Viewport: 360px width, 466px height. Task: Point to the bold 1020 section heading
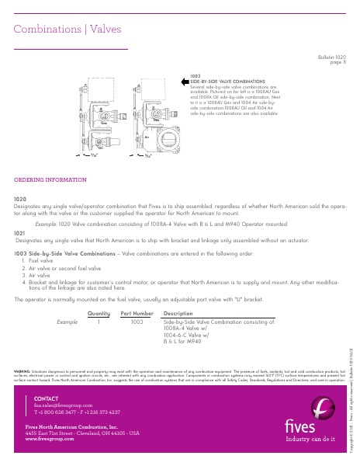coord(20,199)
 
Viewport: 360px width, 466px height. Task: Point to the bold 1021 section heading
coord(20,231)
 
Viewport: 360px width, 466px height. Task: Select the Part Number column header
coord(137,313)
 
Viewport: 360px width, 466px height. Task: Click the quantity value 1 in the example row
coord(99,319)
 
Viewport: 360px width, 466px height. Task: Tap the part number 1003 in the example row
coord(138,319)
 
